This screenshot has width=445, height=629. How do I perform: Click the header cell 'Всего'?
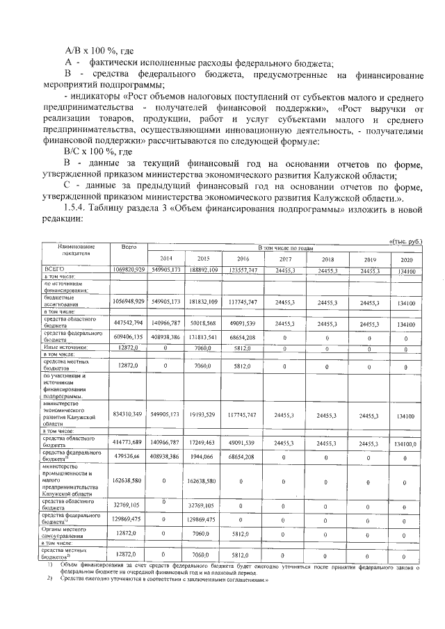pyautogui.click(x=128, y=247)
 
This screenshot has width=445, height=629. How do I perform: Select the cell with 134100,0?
pyautogui.click(x=405, y=442)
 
